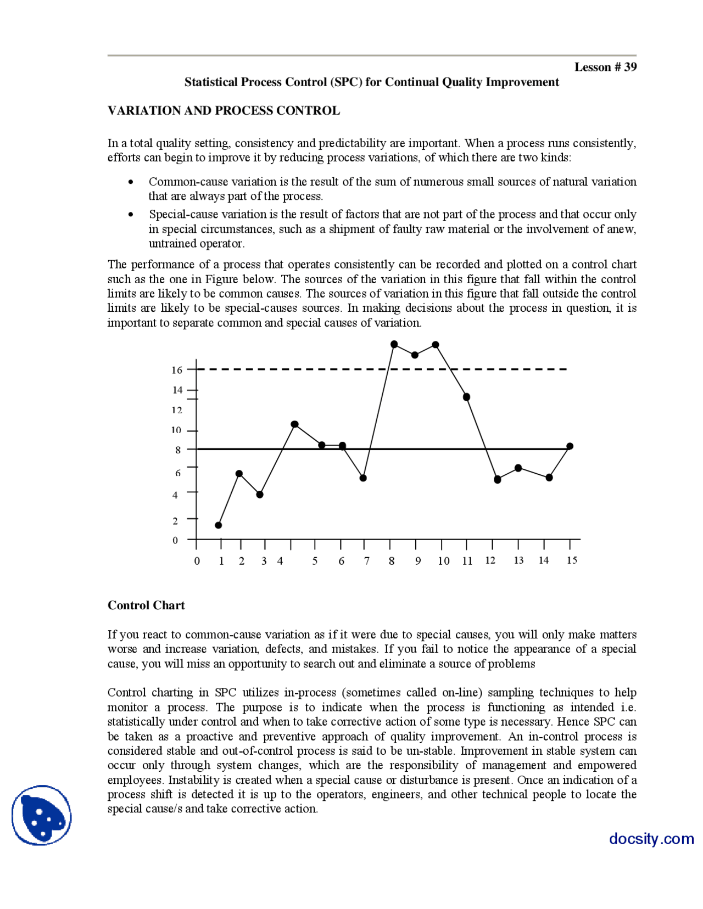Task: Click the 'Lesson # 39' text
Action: pos(605,67)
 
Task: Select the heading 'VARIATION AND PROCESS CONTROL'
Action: pos(224,110)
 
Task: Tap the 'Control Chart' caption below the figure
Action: pos(146,605)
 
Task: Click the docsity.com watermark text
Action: pos(651,839)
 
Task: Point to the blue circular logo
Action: pos(42,815)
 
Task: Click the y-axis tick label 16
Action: pos(176,370)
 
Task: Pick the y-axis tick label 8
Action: pos(178,450)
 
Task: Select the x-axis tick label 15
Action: pos(572,560)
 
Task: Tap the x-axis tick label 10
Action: pos(443,560)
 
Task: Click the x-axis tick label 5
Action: pos(315,560)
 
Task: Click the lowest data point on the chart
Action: pos(219,525)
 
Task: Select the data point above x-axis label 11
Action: pos(466,397)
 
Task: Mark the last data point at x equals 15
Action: pos(570,446)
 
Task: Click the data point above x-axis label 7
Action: pos(363,478)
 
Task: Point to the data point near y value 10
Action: pos(295,424)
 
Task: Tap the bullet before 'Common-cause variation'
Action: pos(131,182)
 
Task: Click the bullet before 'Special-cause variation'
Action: pos(131,215)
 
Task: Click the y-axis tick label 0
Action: pos(175,540)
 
